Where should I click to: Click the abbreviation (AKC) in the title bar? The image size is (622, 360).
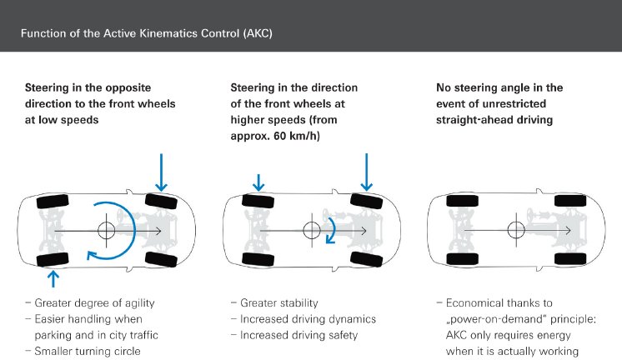253,34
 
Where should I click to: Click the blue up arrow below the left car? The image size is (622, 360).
55,277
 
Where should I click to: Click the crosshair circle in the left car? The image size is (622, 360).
106,230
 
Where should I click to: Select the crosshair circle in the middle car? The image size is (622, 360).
311,230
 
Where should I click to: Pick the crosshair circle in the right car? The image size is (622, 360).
516,230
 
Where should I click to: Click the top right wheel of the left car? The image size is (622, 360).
161,200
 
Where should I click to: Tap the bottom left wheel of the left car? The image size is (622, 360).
53,260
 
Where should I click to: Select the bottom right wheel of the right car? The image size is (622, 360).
571,259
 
